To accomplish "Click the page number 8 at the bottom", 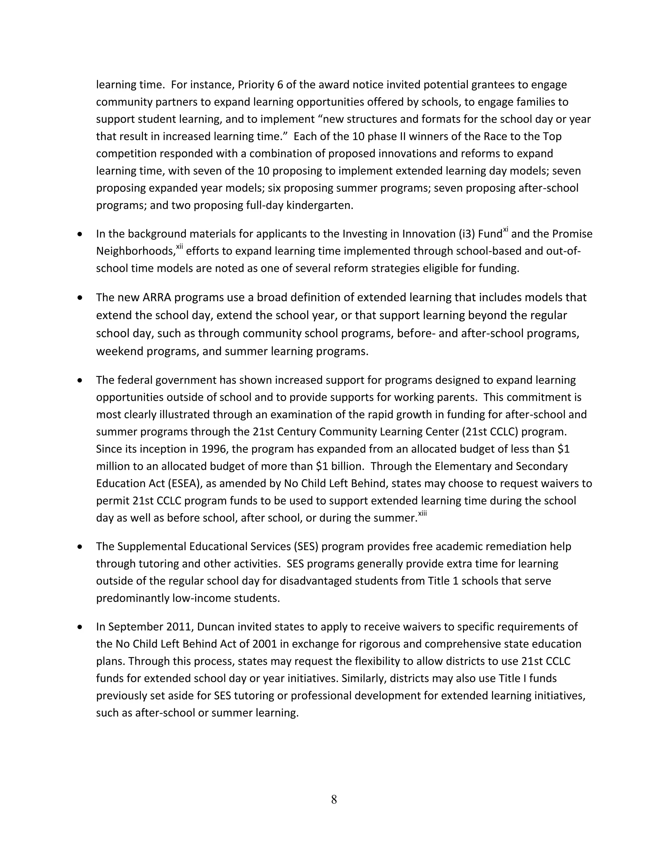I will pyautogui.click(x=334, y=799).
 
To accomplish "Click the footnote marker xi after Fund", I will pyautogui.click(x=506, y=230).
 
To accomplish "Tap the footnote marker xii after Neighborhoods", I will pyautogui.click(x=180, y=247).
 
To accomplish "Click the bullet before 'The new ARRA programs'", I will pyautogui.click(x=80, y=298).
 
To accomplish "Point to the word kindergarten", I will pyautogui.click(x=319, y=205).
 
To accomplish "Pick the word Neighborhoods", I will pyautogui.click(x=136, y=252).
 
